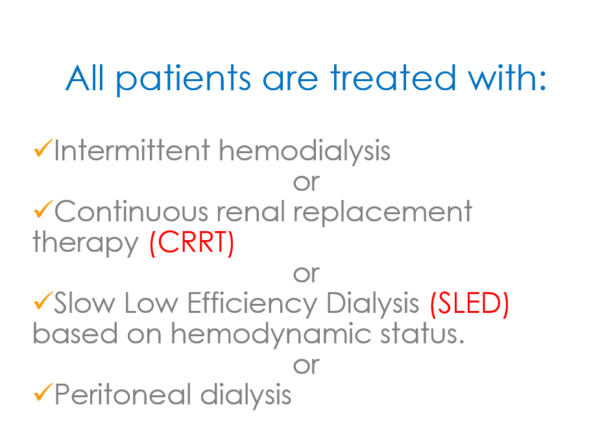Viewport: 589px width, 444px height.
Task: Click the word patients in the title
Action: tap(183, 79)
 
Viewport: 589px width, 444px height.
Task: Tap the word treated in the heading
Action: tap(393, 78)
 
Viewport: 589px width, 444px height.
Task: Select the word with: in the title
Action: tap(507, 77)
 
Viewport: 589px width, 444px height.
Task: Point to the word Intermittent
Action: tap(132, 150)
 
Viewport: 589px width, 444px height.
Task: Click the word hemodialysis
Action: tap(305, 151)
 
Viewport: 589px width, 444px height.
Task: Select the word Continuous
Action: tap(131, 211)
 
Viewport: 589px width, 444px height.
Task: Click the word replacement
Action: tap(383, 213)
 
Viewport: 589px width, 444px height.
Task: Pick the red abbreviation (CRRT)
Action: tap(191, 243)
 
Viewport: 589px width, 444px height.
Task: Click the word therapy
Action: tap(86, 243)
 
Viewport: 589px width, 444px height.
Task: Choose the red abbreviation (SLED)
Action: tap(469, 304)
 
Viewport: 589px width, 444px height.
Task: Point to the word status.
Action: tap(422, 334)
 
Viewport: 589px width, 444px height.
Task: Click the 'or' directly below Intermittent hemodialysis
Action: tap(306, 182)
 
